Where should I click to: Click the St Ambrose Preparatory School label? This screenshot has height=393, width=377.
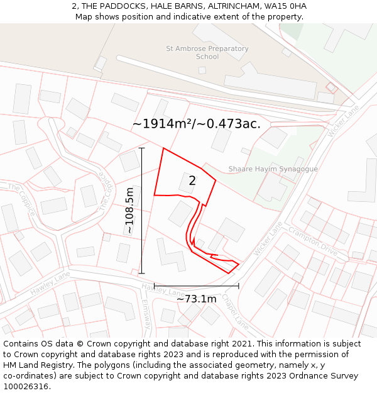coord(207,52)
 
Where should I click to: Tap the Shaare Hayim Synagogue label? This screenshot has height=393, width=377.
coord(273,169)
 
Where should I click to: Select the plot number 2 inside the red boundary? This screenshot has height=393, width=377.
coord(192,180)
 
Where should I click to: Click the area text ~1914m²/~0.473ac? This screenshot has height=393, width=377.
coord(196,124)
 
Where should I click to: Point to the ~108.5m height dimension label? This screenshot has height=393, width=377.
coord(130,211)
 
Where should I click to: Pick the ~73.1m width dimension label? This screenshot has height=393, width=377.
coord(196,299)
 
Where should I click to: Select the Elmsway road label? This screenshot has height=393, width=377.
coord(147,313)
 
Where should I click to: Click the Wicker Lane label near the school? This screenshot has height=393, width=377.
coord(343,119)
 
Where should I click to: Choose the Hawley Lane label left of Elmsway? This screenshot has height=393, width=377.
coord(50,284)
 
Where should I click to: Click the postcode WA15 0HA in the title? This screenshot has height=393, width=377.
coord(286,6)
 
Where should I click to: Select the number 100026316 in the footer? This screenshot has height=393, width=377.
coord(26,387)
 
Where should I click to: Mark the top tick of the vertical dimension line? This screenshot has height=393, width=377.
coord(142,148)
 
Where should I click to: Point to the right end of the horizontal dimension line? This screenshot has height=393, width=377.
coord(239,286)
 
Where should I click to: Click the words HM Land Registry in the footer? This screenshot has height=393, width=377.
coord(32,365)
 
